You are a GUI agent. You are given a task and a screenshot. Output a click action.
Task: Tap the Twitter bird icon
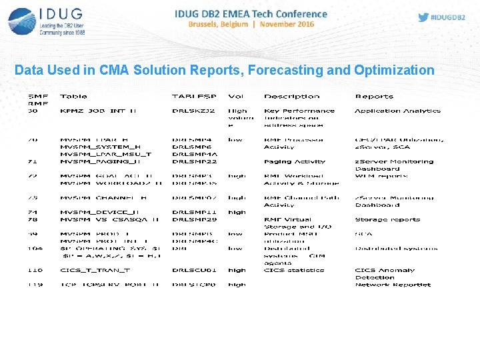(423, 17)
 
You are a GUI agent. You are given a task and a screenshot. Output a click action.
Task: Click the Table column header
(73, 97)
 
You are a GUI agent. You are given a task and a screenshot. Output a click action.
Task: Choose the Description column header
(291, 97)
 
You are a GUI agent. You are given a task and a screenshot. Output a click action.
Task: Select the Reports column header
(374, 97)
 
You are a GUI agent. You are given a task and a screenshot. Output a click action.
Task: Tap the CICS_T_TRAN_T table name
(95, 271)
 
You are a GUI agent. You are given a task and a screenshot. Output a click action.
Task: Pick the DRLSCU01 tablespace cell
(194, 271)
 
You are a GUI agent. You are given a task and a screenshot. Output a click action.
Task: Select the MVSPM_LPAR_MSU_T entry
(105, 154)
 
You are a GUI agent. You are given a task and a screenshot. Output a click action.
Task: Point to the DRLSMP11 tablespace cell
(194, 212)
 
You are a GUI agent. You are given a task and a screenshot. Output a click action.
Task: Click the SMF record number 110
(35, 271)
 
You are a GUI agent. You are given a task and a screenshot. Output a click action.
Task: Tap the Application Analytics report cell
(397, 111)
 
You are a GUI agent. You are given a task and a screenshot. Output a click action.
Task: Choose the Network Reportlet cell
(393, 285)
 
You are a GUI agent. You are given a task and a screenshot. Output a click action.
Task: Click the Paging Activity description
(295, 161)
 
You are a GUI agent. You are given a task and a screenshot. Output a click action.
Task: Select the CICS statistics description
(294, 271)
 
